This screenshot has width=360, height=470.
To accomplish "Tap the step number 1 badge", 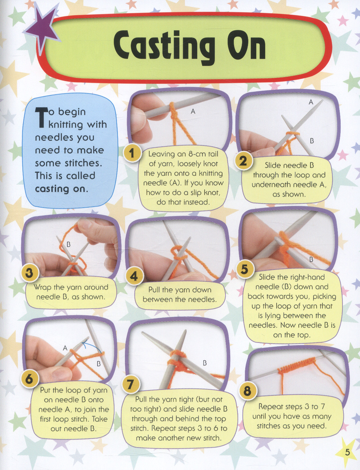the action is pos(132,153).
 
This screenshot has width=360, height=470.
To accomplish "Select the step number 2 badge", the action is pos(243,161).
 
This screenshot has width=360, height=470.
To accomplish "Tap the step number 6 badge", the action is pos(30,380).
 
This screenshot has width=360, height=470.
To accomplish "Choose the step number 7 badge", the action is pos(130,384).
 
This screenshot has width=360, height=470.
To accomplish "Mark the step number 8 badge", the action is pos(248,391).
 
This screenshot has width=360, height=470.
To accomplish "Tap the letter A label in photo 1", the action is pos(193,112).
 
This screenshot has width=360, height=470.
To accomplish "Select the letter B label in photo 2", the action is pos(312,141).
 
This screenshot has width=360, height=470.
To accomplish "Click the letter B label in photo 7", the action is pos(205,363).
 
